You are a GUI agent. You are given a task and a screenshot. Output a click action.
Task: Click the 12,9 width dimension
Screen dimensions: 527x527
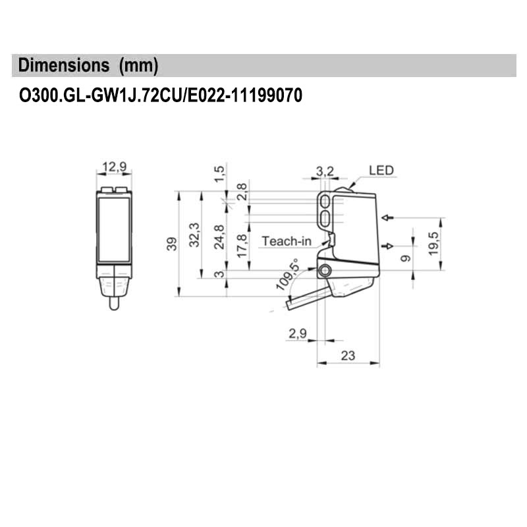click(x=115, y=167)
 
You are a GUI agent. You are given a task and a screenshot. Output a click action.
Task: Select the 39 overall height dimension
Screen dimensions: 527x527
click(x=171, y=244)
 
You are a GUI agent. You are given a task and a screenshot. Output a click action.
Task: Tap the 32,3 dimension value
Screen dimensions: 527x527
click(x=194, y=234)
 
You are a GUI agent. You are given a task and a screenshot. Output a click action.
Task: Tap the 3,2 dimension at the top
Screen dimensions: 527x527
click(x=325, y=171)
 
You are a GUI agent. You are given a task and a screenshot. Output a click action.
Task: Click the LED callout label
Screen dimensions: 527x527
click(x=381, y=171)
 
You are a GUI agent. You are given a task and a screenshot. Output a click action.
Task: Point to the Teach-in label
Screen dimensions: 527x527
click(x=287, y=241)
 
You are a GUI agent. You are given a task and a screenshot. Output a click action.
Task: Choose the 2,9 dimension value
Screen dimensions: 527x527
click(x=297, y=335)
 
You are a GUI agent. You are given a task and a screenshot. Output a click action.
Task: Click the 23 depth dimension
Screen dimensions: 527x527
click(x=348, y=356)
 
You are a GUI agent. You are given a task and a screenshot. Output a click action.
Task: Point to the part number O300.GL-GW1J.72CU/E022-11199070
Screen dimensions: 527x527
click(x=160, y=96)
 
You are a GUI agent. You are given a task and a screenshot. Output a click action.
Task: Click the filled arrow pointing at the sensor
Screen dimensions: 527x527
click(x=388, y=217)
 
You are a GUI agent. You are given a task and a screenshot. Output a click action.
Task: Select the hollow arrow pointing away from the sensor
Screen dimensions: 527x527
click(x=389, y=246)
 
